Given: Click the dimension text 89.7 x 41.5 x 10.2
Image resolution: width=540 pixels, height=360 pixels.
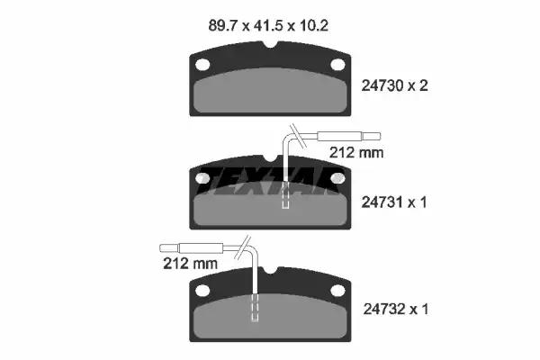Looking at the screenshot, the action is coord(268,26).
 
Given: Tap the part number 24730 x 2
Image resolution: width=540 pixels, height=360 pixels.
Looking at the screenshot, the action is coord(394,85).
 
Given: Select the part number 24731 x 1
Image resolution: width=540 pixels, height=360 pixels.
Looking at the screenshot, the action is coord(394,202).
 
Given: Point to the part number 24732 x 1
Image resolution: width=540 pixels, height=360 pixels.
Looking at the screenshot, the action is coord(396,309).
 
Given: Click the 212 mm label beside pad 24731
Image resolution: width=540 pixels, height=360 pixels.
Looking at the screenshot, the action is coord(356,152).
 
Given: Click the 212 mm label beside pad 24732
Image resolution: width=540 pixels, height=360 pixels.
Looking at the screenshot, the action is coord(190,264).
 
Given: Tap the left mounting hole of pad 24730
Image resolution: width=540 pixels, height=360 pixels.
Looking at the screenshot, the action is coord(202,65).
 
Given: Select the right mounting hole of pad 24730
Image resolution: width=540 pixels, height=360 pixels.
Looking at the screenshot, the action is coord(337,65).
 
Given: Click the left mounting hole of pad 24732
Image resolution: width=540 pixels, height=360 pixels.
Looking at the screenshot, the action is coord(202,291).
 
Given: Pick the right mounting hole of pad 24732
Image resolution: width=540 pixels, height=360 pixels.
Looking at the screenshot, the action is coord(337,291).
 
